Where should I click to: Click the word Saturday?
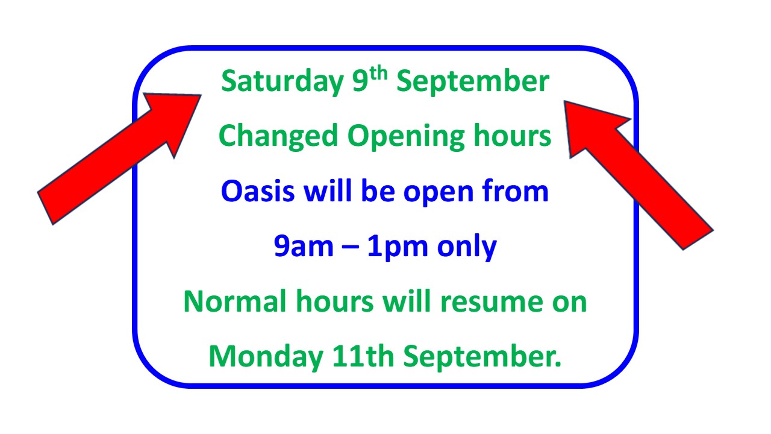[x=282, y=82]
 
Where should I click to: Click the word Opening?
[x=406, y=137]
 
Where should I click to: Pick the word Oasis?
[x=258, y=191]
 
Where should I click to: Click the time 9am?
[x=304, y=247]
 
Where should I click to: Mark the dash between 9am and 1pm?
[x=351, y=247]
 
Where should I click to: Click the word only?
[x=467, y=247]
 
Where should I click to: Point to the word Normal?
[x=235, y=301]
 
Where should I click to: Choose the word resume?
[x=492, y=302]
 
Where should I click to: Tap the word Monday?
[x=266, y=357]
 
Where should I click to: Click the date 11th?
[x=363, y=356]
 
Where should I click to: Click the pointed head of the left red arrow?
[x=201, y=95]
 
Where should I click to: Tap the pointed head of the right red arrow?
[x=564, y=101]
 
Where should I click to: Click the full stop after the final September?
[x=558, y=365]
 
